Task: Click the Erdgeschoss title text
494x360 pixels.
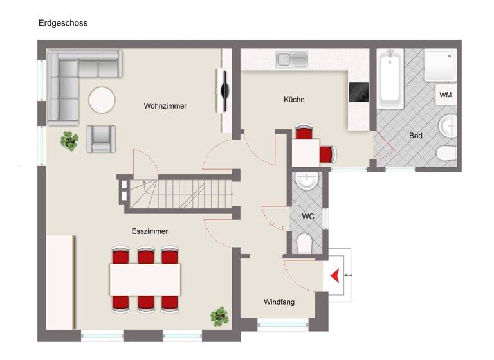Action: (63, 23)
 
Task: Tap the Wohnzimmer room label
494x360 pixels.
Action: (165, 106)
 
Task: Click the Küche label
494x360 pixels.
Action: (294, 100)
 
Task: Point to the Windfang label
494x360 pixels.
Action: (279, 301)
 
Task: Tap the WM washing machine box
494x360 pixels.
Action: (445, 95)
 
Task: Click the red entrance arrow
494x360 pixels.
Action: (334, 276)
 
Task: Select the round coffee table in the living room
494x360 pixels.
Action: (102, 100)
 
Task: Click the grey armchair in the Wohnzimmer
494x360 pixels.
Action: (102, 138)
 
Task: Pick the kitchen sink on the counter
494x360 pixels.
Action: (293, 60)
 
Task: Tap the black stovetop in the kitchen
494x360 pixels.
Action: (358, 93)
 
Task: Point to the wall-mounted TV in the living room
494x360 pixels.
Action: (224, 91)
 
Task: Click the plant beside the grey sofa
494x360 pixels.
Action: (69, 139)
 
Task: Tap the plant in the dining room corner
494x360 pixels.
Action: (220, 316)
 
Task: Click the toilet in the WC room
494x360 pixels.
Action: (305, 243)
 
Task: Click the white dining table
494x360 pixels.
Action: (145, 278)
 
